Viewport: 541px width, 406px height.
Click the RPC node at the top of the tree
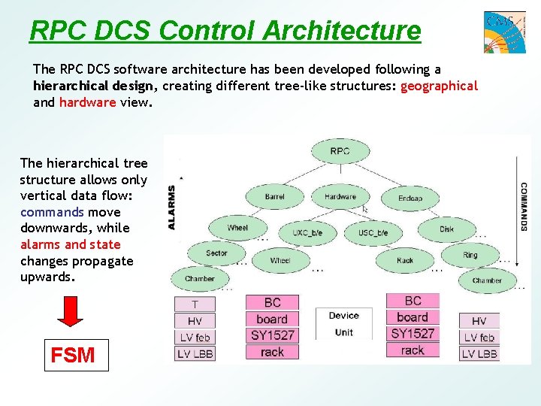[x=340, y=152]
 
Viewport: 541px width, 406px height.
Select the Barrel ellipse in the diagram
[x=274, y=197]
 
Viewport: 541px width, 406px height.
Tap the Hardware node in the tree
[x=340, y=197]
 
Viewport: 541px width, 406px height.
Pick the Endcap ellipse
[x=410, y=198]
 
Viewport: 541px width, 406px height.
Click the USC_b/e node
[x=373, y=233]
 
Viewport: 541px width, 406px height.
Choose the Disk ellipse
[x=447, y=229]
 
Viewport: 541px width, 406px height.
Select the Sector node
[x=216, y=253]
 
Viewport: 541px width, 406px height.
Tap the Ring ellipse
[x=470, y=255]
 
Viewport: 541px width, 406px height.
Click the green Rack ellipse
[x=405, y=261]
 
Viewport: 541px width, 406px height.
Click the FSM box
[x=72, y=355]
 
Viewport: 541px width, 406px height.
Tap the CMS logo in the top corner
[x=504, y=31]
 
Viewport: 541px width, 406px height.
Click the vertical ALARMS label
[x=171, y=208]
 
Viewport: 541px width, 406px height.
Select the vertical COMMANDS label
[x=523, y=207]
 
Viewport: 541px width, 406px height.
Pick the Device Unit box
[x=343, y=324]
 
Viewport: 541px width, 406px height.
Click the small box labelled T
[x=195, y=304]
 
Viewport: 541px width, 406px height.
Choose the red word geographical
[x=439, y=86]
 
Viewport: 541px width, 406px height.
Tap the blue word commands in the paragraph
[x=52, y=212]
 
